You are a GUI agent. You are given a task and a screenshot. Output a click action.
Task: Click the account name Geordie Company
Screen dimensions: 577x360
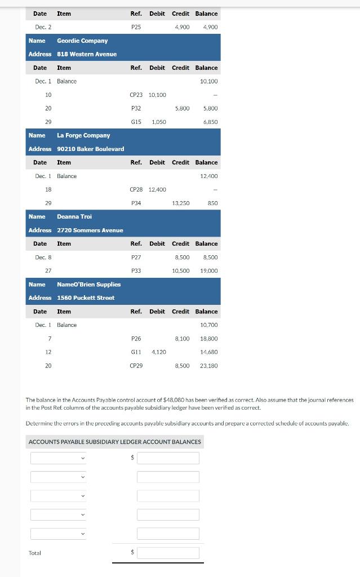point(82,41)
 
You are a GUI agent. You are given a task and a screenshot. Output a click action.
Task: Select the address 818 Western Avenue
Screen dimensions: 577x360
point(87,54)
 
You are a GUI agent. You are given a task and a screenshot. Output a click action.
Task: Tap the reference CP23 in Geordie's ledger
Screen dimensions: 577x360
point(136,95)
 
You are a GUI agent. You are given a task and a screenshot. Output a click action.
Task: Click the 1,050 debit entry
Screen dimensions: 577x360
point(158,122)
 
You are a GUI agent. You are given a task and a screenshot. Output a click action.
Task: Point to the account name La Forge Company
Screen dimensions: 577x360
point(83,135)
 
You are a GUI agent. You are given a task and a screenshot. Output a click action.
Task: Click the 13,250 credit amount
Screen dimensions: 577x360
point(180,203)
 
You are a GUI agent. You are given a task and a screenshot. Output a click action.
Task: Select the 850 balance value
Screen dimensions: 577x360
point(212,203)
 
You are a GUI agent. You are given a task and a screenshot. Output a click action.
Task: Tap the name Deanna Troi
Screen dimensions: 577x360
point(74,216)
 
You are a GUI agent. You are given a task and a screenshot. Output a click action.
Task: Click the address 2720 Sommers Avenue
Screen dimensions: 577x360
point(90,230)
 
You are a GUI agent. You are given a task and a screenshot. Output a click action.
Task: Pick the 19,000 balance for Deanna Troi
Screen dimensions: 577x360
point(208,271)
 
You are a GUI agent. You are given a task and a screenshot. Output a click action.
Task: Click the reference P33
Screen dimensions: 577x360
point(136,271)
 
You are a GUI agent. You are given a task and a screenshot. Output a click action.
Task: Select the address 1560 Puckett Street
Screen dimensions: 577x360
point(86,298)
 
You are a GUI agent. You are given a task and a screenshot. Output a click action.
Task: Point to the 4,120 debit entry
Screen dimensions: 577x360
point(158,352)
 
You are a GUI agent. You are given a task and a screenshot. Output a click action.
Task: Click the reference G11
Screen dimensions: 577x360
point(136,352)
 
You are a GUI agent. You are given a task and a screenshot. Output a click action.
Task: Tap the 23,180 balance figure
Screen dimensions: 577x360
point(208,366)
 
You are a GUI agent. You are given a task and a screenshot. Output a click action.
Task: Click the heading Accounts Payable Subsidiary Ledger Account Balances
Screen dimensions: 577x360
point(114,442)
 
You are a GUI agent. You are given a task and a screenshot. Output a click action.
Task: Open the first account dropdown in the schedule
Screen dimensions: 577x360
point(59,458)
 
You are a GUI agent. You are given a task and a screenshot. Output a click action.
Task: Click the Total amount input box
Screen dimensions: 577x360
point(168,553)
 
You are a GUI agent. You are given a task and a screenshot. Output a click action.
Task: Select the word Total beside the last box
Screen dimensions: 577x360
point(35,553)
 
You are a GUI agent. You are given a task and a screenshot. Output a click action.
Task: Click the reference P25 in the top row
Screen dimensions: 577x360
point(136,27)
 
